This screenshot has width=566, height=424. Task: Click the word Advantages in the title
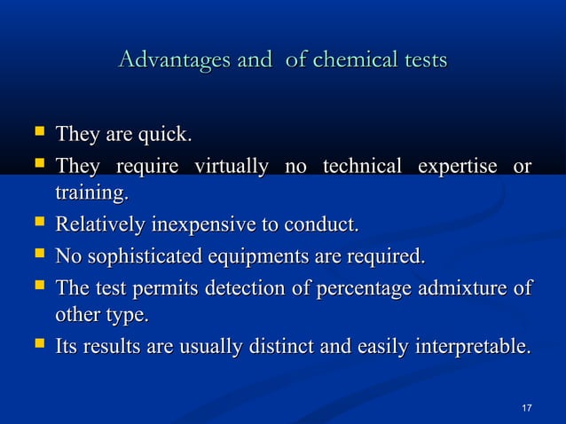[174, 61]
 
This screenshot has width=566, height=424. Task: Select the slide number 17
[527, 407]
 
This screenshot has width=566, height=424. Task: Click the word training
[91, 192]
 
